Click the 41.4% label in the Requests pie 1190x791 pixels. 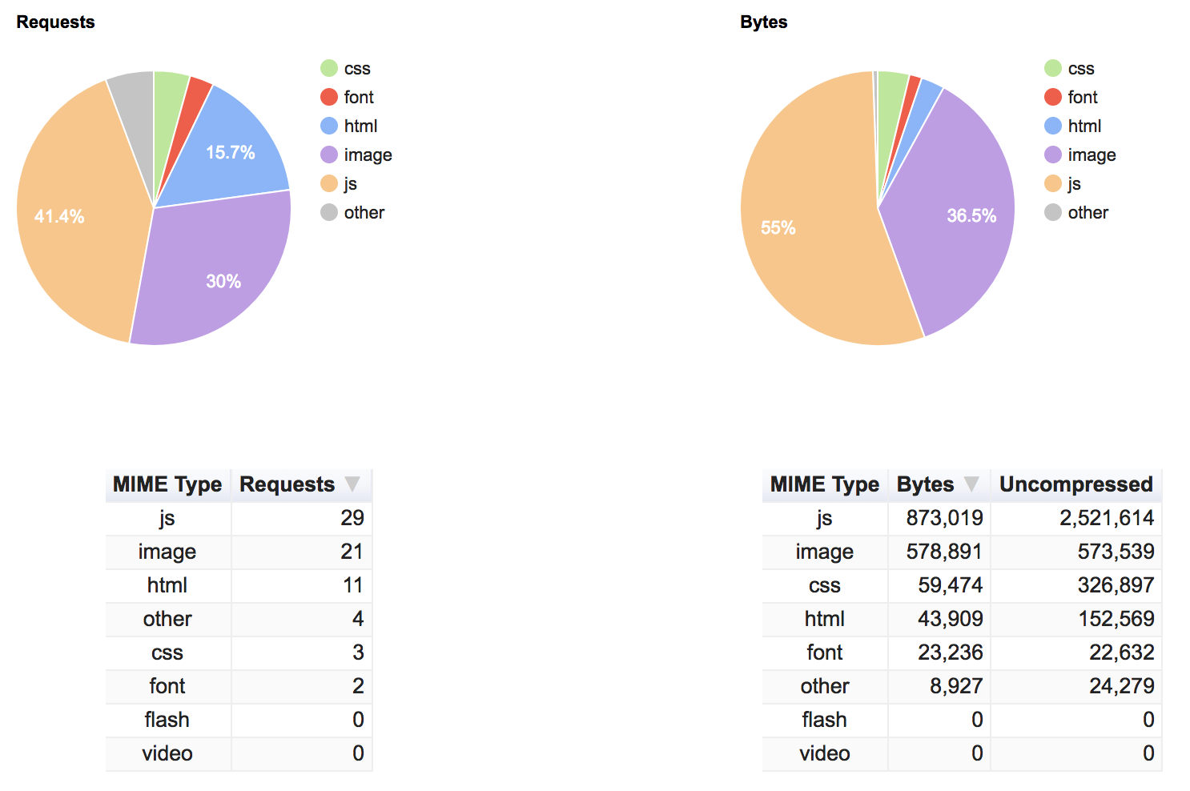tap(59, 216)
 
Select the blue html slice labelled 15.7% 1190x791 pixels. tap(230, 152)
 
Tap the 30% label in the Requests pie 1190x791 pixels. tap(223, 281)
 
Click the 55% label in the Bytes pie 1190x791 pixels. tap(778, 228)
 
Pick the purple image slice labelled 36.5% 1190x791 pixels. tap(971, 215)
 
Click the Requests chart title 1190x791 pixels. tap(55, 22)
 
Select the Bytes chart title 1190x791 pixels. tap(763, 22)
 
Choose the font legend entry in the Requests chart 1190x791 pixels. tap(358, 97)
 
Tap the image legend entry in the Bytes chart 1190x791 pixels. tap(1091, 155)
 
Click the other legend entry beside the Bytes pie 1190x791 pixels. tap(1087, 212)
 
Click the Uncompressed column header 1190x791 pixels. tap(1075, 484)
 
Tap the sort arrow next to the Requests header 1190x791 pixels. tap(352, 484)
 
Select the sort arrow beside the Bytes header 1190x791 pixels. tap(971, 484)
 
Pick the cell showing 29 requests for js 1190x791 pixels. tap(352, 518)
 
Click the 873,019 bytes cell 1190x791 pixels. tap(944, 518)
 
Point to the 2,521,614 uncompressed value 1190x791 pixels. tap(1106, 518)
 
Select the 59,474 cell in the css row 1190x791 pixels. tap(950, 585)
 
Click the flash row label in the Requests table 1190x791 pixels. tap(167, 720)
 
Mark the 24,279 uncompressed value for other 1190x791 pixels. tap(1121, 686)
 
